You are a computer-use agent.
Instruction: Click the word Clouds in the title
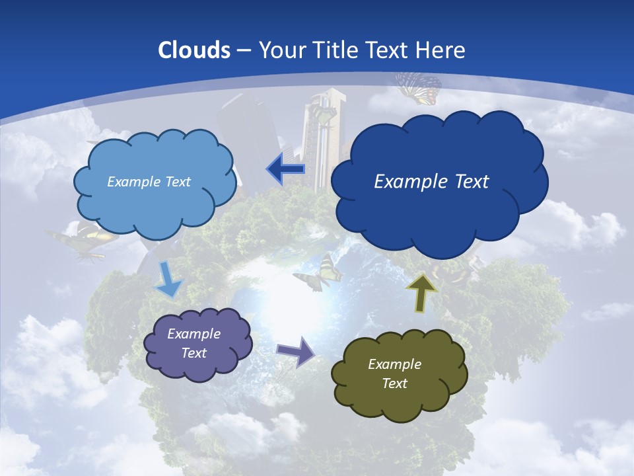tap(194, 50)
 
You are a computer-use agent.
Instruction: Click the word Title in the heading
tap(334, 50)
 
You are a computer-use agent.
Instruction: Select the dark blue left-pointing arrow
tap(285, 169)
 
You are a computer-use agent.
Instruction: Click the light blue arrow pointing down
tap(168, 279)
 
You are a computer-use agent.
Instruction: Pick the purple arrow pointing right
tap(296, 351)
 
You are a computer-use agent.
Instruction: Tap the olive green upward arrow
tap(422, 292)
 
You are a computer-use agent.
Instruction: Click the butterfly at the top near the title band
tap(419, 87)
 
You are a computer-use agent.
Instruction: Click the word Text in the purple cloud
tap(194, 353)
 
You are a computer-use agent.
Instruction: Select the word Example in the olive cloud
tap(394, 364)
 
